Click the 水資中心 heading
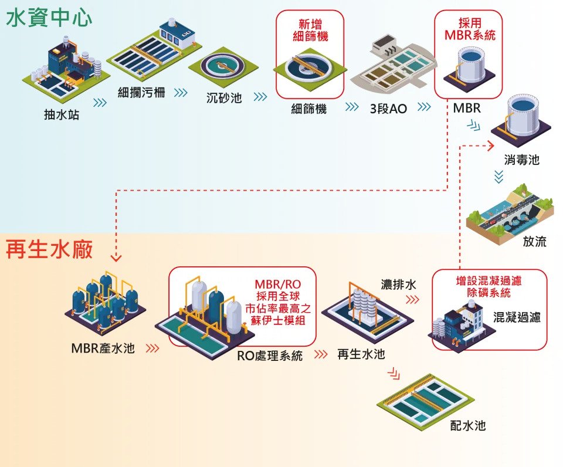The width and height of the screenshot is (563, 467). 49,18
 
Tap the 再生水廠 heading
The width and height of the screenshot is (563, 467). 49,249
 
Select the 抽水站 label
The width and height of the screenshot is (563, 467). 61,115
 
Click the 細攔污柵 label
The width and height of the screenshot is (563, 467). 141,92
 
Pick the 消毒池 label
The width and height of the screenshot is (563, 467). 521,160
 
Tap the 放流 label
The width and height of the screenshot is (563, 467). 534,242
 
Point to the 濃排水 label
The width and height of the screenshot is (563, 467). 399,285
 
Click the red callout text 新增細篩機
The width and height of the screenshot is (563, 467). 310,30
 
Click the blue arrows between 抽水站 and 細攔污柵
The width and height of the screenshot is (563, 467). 100,102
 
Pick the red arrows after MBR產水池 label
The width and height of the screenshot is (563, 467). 152,348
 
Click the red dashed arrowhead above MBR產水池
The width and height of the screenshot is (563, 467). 116,256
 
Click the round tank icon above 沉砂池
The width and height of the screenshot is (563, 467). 221,68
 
